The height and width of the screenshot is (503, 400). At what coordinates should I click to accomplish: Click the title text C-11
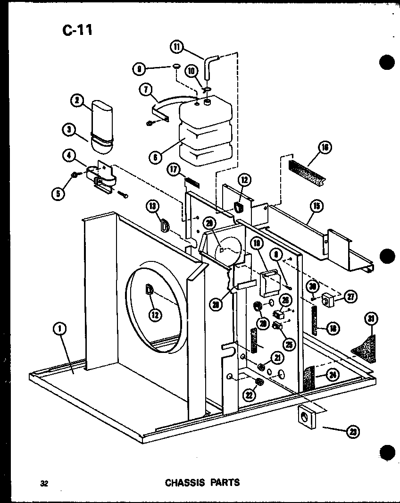pyautogui.click(x=77, y=30)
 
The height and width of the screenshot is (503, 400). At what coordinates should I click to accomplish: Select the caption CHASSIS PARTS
pyautogui.click(x=202, y=482)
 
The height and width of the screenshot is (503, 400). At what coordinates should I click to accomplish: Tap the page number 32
pyautogui.click(x=44, y=483)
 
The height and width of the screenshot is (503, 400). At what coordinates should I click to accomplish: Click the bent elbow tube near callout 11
pyautogui.click(x=208, y=67)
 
